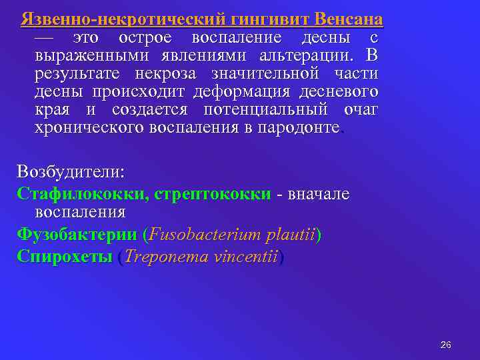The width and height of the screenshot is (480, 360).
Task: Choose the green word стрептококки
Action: click(x=213, y=194)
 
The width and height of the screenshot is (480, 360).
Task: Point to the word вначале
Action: click(x=319, y=194)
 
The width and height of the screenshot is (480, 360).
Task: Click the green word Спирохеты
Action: click(x=65, y=257)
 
